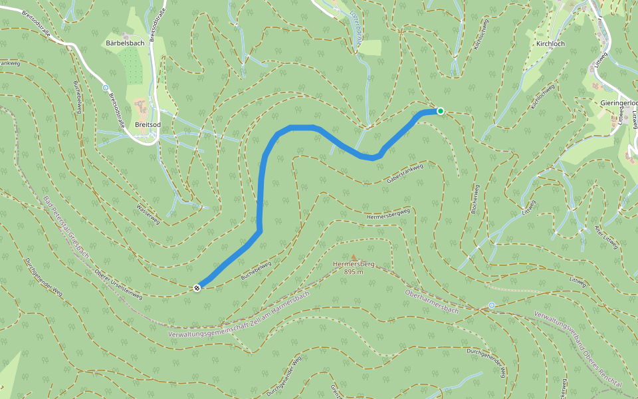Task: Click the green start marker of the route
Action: click(440, 111)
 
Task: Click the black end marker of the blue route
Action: click(197, 287)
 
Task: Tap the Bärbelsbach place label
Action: click(124, 43)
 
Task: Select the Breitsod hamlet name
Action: click(148, 124)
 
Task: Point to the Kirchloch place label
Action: click(550, 43)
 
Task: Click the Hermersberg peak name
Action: click(354, 264)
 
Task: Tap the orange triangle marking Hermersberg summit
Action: click(354, 257)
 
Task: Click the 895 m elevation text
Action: click(354, 271)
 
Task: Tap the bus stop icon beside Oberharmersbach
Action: click(492, 305)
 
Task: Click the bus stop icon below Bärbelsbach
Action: click(105, 88)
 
